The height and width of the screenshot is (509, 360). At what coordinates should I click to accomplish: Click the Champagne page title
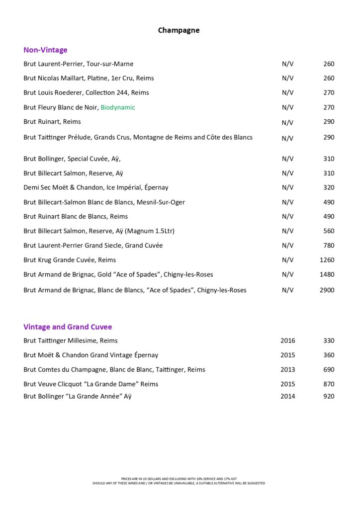[x=179, y=30]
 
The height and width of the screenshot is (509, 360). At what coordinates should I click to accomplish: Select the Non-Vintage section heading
[x=45, y=50]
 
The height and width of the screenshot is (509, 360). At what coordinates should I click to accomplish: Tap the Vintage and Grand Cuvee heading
[x=68, y=327]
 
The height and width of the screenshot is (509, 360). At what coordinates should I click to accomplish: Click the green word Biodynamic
[x=118, y=107]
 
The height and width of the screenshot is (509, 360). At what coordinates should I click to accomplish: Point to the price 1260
[x=327, y=260]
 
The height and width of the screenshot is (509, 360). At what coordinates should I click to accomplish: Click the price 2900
[x=327, y=290]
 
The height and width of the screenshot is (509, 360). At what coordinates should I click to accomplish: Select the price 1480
[x=327, y=274]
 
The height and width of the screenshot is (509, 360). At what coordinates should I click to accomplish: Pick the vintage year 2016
[x=287, y=341]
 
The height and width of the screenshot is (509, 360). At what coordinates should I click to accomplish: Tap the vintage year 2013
[x=287, y=370]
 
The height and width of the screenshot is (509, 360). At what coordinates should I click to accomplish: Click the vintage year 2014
[x=287, y=396]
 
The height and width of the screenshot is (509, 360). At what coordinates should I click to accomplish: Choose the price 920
[x=328, y=396]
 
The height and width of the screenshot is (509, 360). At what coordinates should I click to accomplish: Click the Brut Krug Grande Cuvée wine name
[x=70, y=260]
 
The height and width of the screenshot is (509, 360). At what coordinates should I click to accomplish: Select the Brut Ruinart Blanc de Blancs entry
[x=76, y=217]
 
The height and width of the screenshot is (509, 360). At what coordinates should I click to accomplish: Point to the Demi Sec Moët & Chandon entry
[x=96, y=188]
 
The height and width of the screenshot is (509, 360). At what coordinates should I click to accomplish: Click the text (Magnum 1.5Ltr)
[x=150, y=231]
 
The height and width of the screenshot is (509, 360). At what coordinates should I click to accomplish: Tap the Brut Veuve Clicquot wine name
[x=91, y=384]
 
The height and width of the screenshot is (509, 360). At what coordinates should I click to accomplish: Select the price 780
[x=328, y=246]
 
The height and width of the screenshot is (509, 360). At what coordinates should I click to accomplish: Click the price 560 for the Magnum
[x=328, y=231]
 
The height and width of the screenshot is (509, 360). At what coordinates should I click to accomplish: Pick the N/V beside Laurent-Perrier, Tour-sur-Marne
[x=287, y=64]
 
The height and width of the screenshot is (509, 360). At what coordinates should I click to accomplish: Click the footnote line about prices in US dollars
[x=179, y=479]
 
